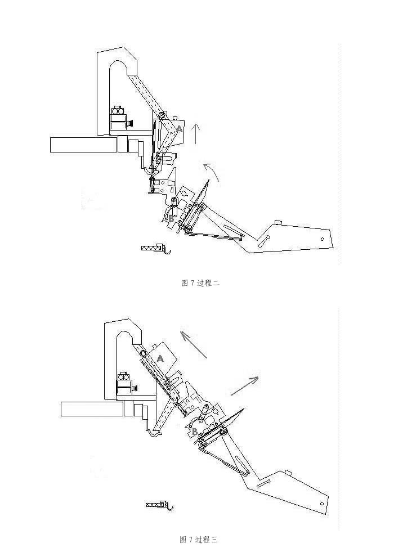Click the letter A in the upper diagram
click(x=180, y=129)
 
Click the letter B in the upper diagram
click(x=171, y=218)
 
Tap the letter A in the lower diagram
click(x=160, y=359)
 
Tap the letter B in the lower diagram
click(x=194, y=432)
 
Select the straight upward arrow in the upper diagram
click(x=195, y=134)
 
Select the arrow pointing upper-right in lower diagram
click(x=244, y=386)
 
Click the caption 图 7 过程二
click(x=200, y=283)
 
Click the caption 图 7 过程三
click(x=199, y=540)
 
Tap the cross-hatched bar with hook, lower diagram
click(x=159, y=505)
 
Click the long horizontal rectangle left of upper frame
click(x=84, y=145)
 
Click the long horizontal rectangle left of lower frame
click(x=92, y=409)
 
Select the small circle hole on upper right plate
click(x=322, y=239)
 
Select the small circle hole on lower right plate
click(x=322, y=503)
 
